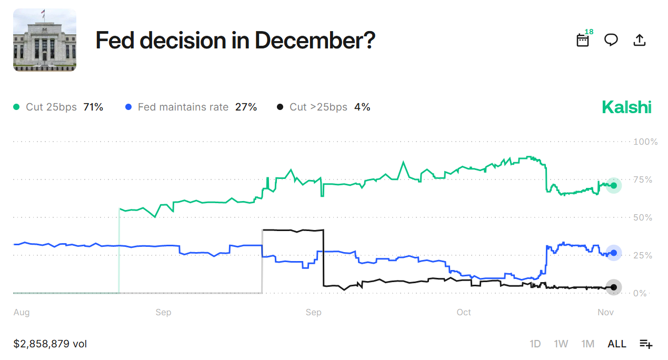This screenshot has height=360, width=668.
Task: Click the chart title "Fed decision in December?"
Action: (235, 41)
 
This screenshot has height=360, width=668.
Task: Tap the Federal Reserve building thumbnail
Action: (45, 40)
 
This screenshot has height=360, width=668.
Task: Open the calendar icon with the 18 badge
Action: (583, 40)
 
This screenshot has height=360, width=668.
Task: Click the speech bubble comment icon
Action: (611, 40)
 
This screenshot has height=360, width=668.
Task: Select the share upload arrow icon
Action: (639, 40)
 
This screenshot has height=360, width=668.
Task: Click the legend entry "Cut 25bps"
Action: (51, 107)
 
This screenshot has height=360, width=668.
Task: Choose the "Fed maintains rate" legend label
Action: (183, 107)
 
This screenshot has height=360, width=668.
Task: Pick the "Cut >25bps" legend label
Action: (318, 107)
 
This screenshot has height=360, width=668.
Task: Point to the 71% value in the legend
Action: (93, 107)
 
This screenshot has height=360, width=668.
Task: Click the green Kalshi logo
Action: (626, 107)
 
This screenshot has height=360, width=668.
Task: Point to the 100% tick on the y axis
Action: (645, 142)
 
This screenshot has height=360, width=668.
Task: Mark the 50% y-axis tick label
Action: (642, 217)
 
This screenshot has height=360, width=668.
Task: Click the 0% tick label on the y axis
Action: (640, 293)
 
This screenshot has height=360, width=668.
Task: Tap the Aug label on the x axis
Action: (22, 313)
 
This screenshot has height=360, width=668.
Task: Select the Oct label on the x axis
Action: (464, 313)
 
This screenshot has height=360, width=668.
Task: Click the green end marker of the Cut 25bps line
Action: (614, 185)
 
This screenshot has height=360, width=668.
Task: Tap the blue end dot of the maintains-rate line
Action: (614, 253)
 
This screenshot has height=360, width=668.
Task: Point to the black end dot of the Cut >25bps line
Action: (614, 287)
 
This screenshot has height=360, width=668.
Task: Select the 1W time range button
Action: (561, 344)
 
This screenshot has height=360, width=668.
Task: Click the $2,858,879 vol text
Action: (50, 344)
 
